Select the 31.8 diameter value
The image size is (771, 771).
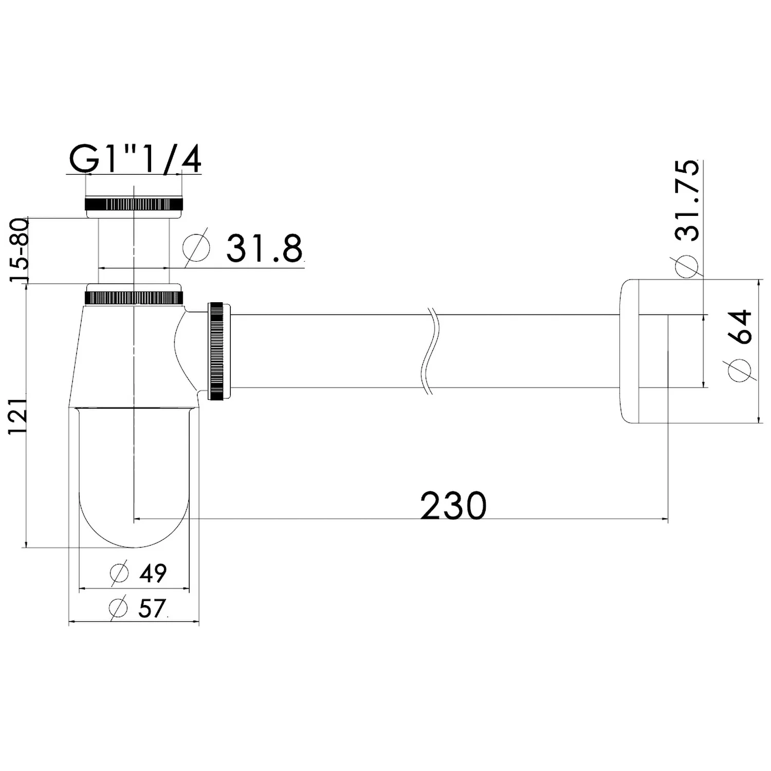click(264, 249)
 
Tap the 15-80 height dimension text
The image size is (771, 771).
click(19, 250)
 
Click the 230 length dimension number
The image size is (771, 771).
click(453, 506)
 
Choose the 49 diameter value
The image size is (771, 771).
click(153, 573)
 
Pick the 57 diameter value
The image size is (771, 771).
click(152, 609)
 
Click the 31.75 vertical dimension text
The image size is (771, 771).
click(687, 200)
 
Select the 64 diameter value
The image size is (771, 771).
click(740, 327)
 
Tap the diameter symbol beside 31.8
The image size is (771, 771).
click(196, 249)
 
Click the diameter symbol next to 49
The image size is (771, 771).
click(119, 573)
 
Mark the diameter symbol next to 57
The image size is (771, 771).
click(119, 608)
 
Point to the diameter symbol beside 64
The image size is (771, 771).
click(740, 369)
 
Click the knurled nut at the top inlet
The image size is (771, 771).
click(134, 204)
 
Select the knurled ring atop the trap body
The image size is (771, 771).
click(134, 298)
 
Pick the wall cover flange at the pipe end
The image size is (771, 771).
click(630, 351)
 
